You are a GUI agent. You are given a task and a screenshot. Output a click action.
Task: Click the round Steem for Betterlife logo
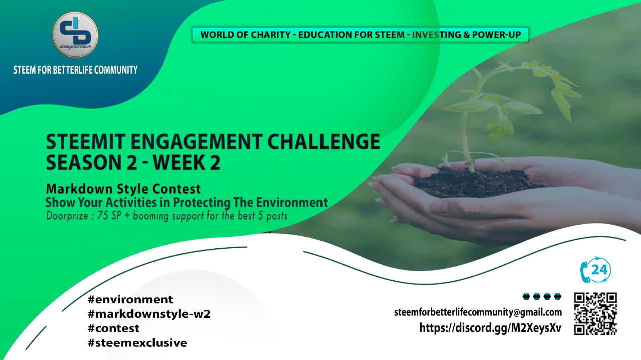coord(75,35)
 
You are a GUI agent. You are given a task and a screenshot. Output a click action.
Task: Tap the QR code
coord(595,313)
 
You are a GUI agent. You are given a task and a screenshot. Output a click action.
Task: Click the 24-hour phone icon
coord(595,270)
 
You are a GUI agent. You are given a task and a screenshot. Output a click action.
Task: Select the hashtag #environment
coord(130,299)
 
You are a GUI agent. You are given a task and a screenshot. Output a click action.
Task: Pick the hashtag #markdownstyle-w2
coord(149,314)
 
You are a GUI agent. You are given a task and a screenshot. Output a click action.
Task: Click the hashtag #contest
coord(114,328)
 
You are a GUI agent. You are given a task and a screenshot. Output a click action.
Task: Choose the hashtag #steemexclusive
coord(137,343)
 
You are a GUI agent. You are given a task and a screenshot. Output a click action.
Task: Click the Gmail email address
coord(478,312)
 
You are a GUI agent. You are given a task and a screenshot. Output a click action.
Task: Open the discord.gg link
coord(490,328)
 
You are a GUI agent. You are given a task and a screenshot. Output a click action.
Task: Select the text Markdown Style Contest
coord(123,189)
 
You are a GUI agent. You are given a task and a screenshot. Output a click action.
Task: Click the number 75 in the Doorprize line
coord(103,215)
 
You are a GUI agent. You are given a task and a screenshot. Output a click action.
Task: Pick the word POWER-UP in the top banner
coord(496,35)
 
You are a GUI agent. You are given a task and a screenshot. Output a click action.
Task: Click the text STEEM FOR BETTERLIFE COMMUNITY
coord(75,70)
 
